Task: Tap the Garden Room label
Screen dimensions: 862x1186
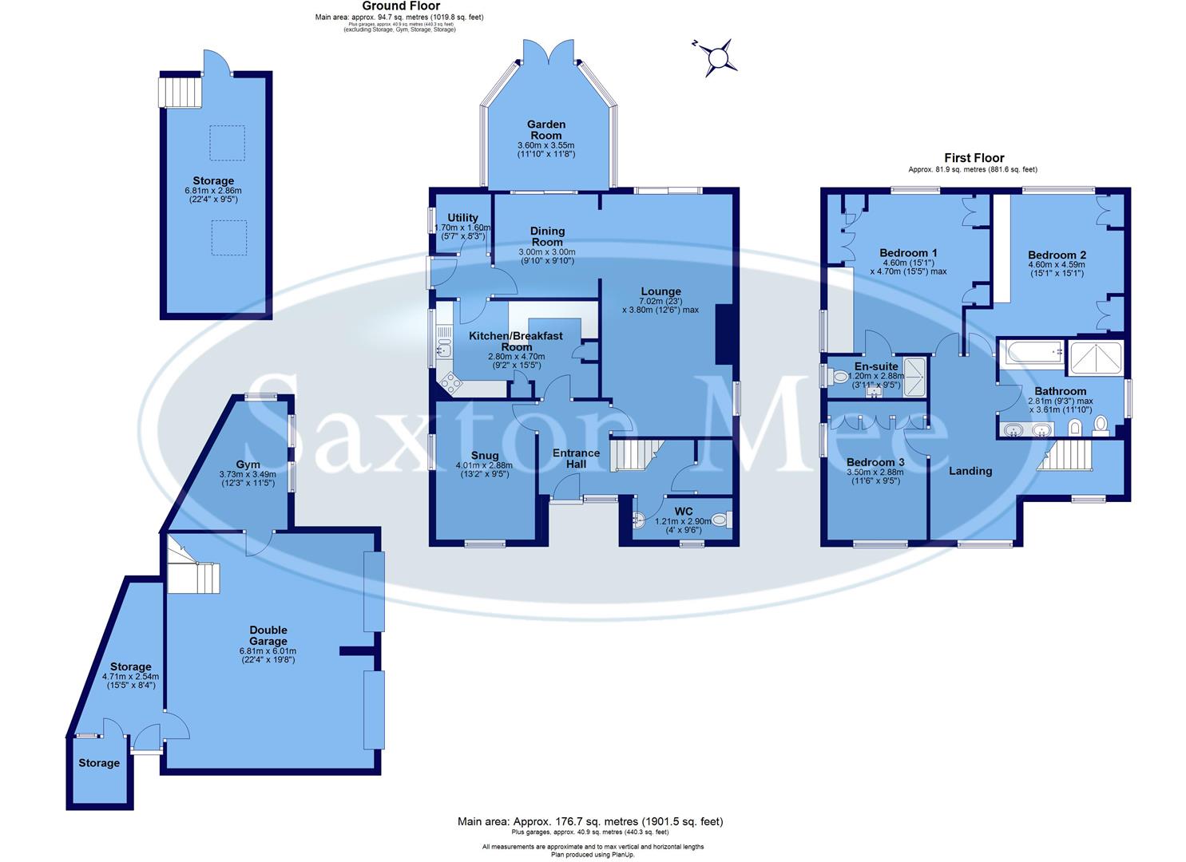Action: coord(546,129)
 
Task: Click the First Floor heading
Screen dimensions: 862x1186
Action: coord(974,158)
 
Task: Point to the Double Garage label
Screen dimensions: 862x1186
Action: coord(268,635)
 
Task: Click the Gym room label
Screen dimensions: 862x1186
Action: coord(248,464)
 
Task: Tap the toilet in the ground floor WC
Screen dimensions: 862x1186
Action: coord(720,520)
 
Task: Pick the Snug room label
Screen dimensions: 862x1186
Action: coord(484,456)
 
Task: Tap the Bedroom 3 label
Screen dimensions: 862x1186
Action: coord(875,462)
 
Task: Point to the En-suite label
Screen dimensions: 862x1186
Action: coord(876,366)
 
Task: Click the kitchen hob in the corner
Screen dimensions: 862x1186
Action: coord(450,386)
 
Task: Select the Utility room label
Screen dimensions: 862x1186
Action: coord(462,218)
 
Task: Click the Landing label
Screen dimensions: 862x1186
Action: coord(970,471)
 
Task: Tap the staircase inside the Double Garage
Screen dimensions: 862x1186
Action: coord(192,567)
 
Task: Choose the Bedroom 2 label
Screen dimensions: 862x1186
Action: coord(1057,255)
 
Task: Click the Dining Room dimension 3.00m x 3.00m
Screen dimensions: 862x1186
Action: coord(546,252)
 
